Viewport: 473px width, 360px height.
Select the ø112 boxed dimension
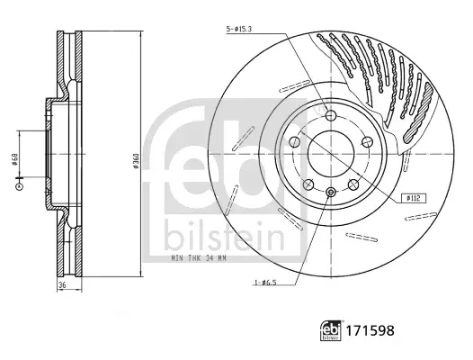(x=414, y=198)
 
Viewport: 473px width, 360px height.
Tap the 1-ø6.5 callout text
(x=265, y=283)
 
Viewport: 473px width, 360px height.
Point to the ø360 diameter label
(x=136, y=161)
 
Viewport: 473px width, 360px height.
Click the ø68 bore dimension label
(x=14, y=159)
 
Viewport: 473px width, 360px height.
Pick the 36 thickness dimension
(x=62, y=284)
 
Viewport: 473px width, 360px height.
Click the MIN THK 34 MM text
(x=199, y=258)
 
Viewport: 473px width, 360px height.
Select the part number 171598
(x=370, y=330)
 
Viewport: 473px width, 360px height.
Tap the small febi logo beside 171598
(x=331, y=330)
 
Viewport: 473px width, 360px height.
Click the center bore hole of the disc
(x=331, y=154)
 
